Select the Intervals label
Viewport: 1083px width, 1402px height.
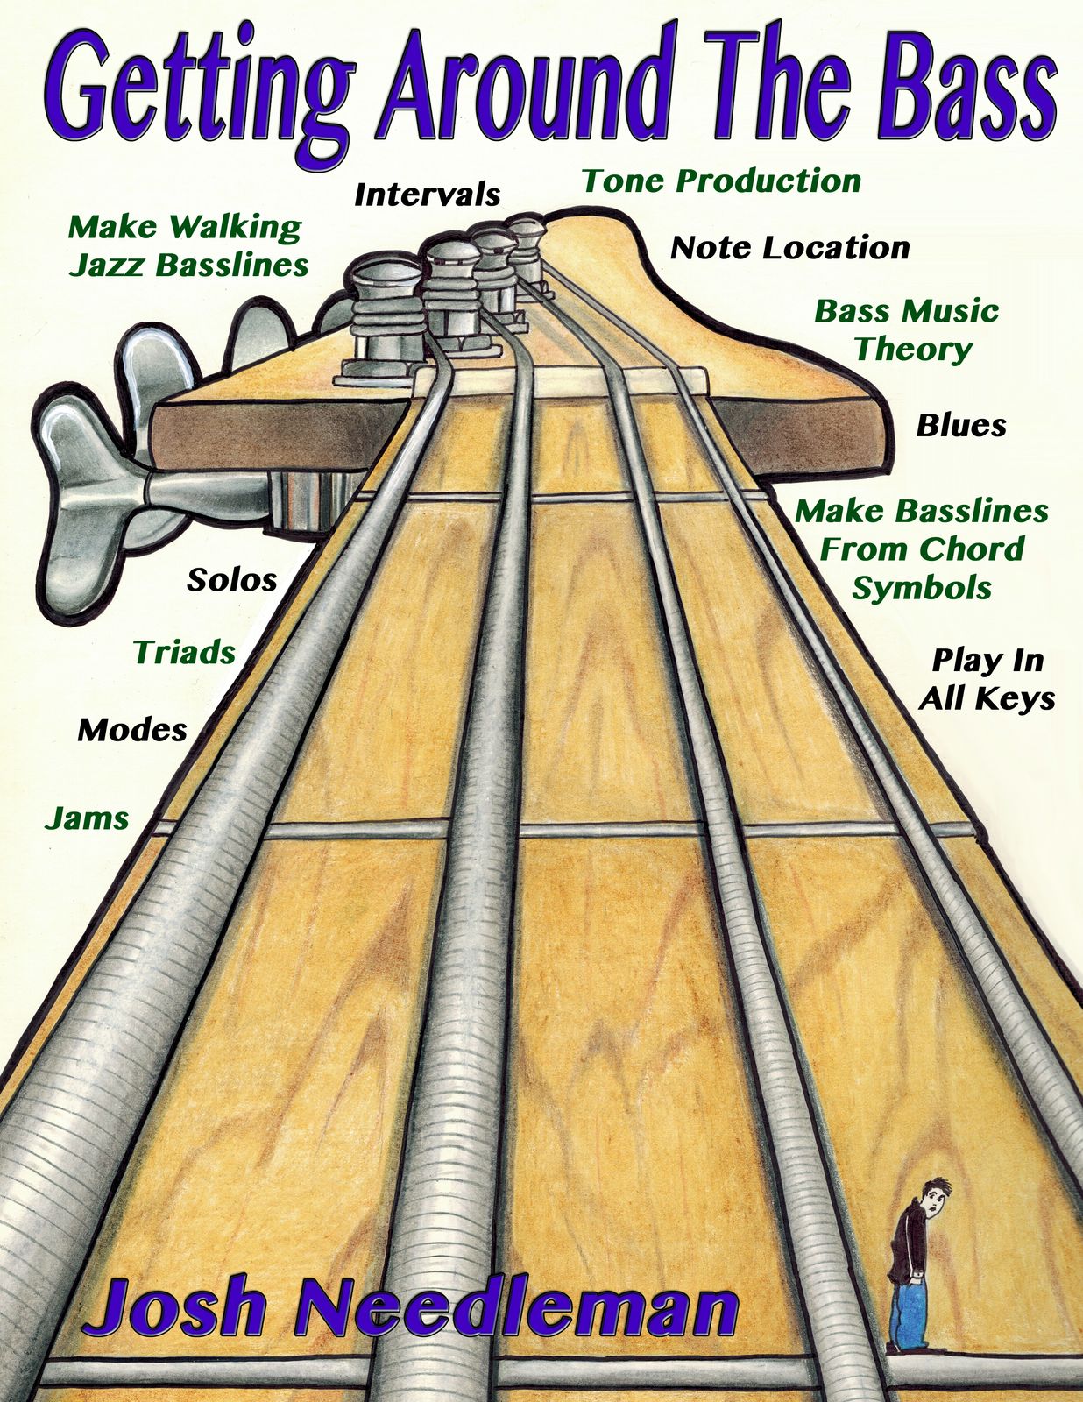coord(427,195)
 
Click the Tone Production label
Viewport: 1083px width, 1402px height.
coord(721,181)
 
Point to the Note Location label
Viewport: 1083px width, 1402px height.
coord(789,248)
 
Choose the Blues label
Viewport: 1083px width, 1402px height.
coord(961,426)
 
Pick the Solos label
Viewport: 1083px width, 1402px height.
coord(232,580)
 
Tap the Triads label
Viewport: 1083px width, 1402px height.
coord(184,653)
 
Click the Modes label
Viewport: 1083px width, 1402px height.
coord(132,730)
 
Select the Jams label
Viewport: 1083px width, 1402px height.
coord(87,818)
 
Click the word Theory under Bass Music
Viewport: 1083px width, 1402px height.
coord(913,350)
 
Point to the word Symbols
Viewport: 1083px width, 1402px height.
coord(922,588)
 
